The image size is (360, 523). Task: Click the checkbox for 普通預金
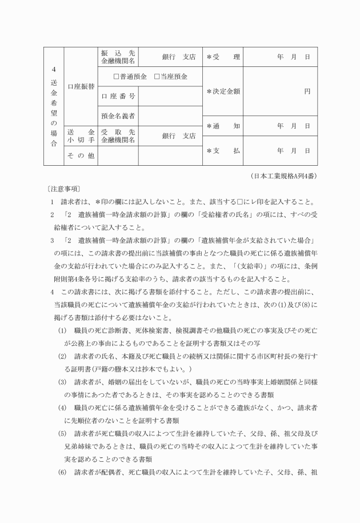point(117,77)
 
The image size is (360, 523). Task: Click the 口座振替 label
point(81,86)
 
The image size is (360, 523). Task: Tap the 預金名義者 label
point(118,116)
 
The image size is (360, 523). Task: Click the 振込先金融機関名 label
point(118,57)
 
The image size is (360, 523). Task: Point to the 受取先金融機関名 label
point(118,135)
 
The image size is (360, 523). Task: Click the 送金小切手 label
point(81,135)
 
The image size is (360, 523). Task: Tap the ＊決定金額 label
point(223,91)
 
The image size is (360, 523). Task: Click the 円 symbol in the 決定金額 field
point(307,91)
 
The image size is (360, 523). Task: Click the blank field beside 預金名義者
point(170,116)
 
